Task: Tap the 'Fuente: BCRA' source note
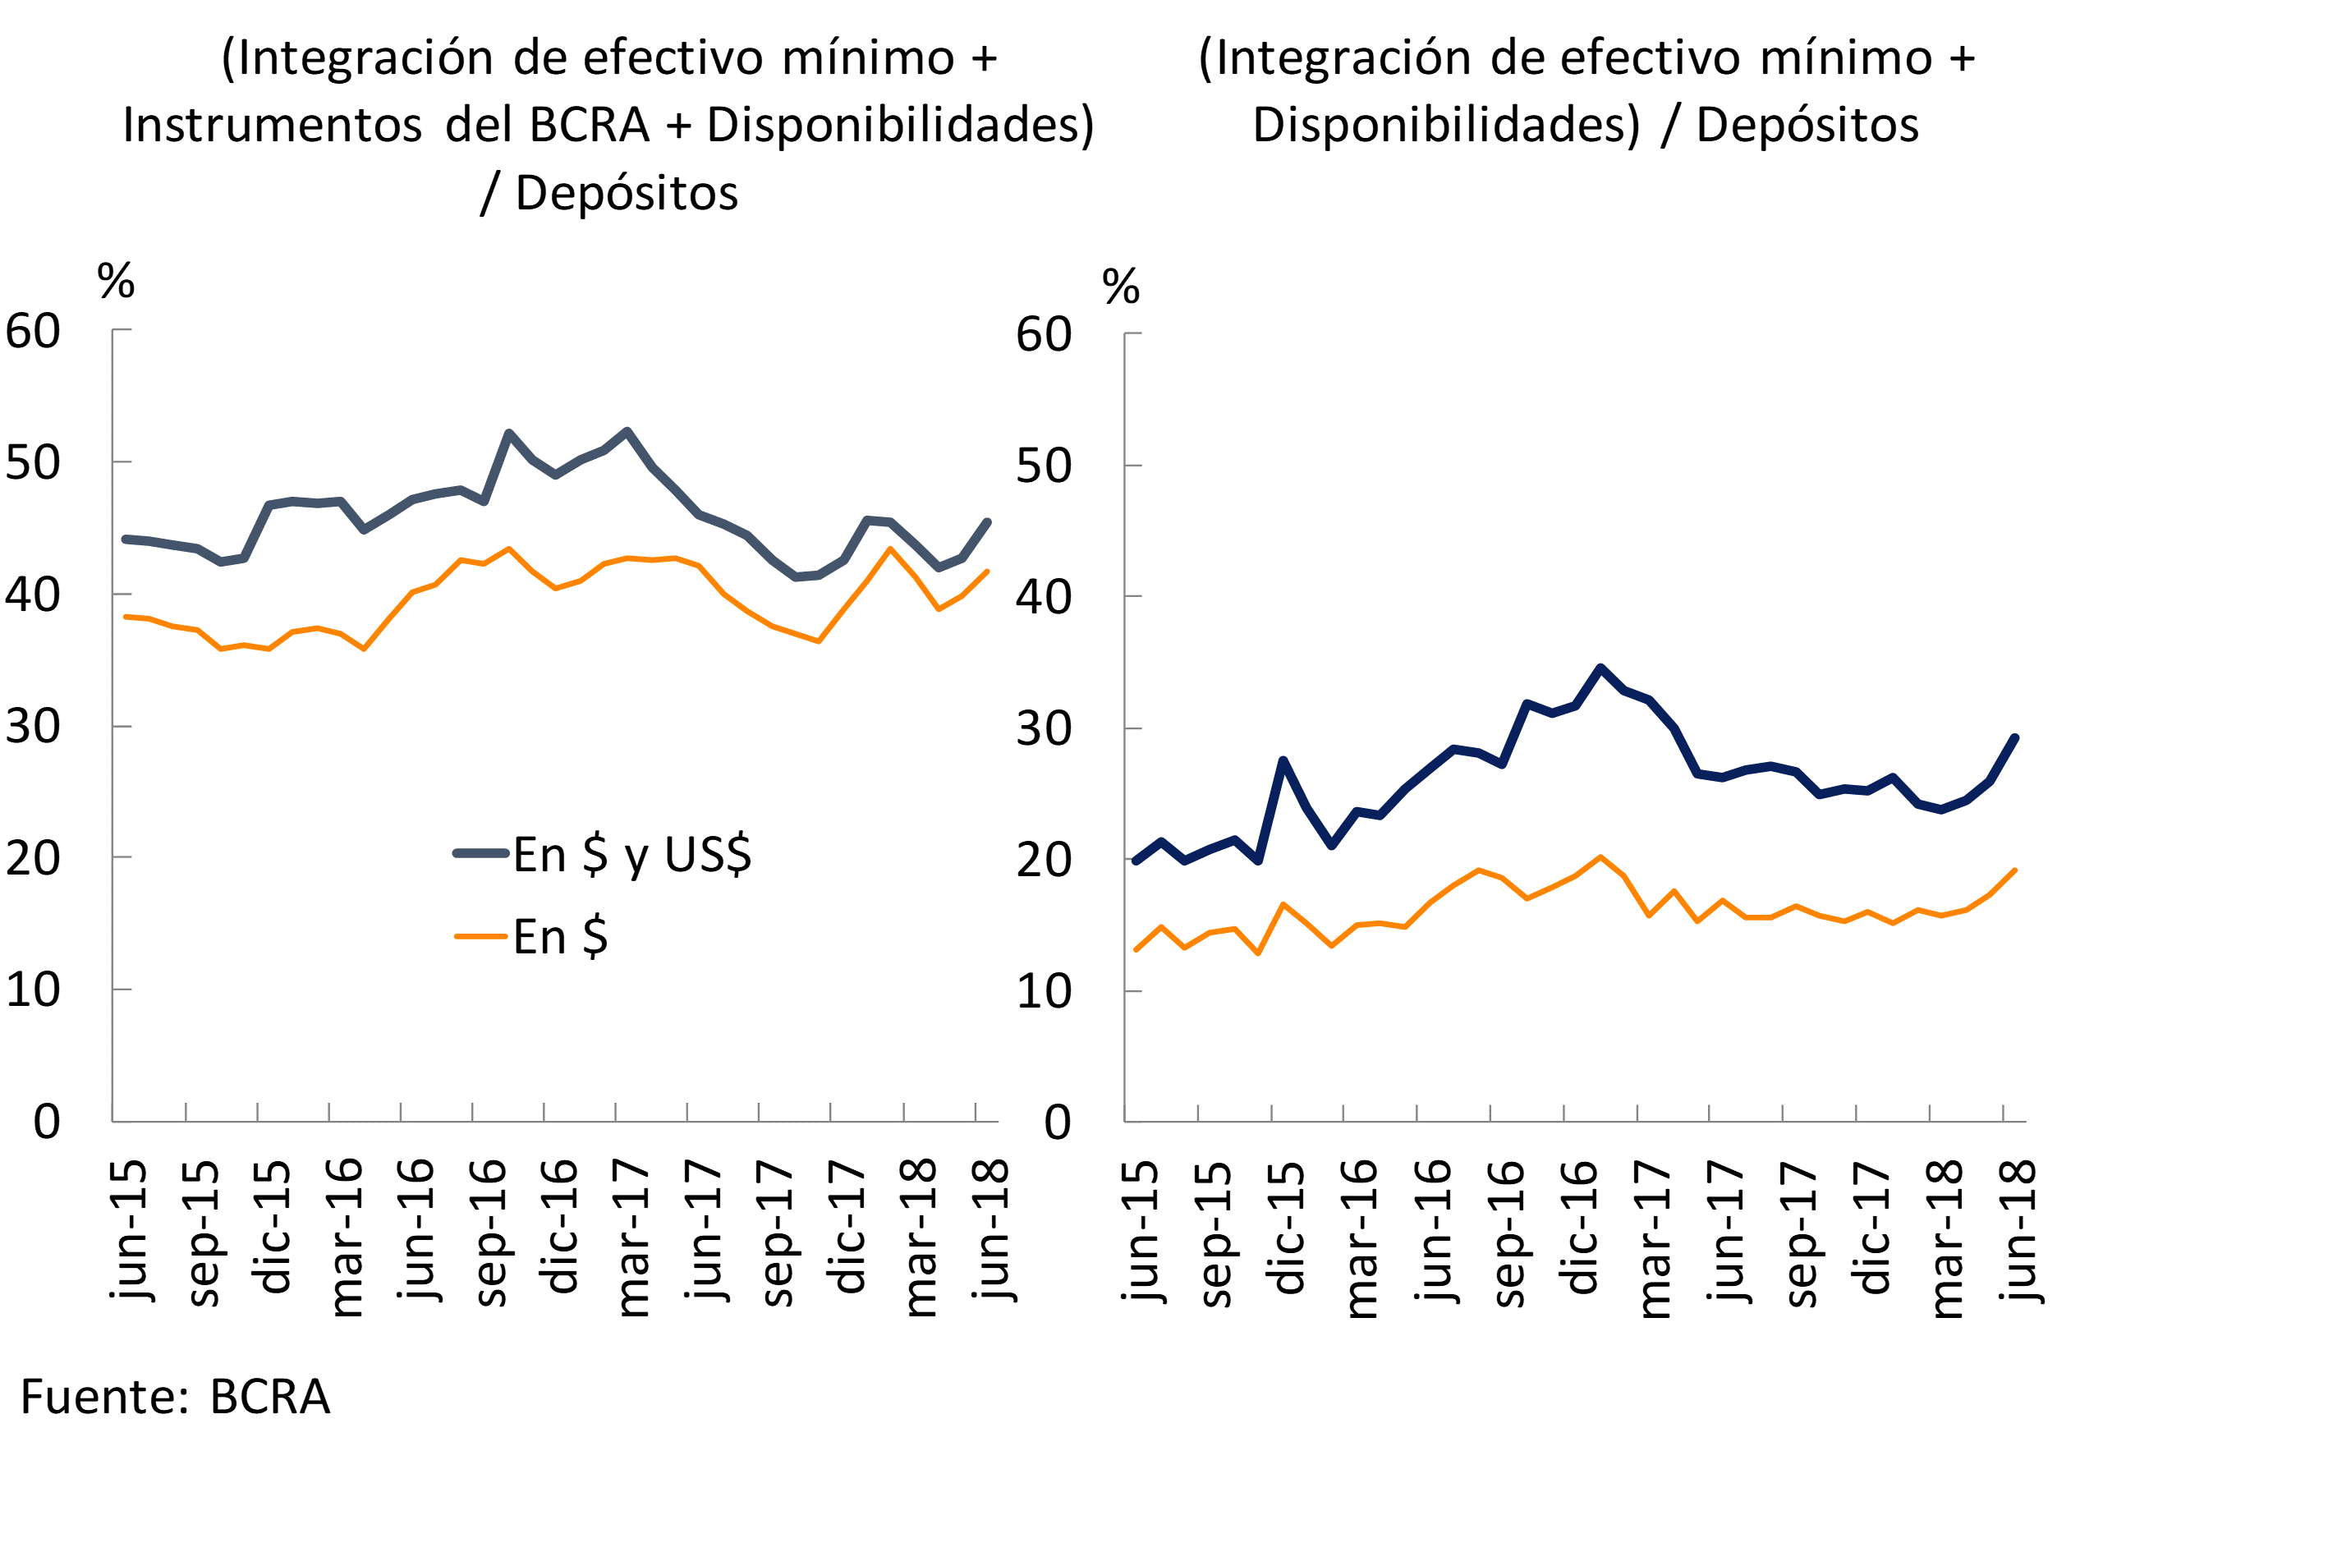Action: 174,1398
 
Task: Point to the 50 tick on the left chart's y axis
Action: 33,463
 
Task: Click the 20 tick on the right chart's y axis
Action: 1043,860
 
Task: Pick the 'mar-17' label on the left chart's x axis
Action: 631,1238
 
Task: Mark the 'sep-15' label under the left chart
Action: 202,1233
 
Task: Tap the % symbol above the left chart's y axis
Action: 116,282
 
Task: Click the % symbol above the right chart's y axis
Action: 1120,287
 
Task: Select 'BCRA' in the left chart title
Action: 589,126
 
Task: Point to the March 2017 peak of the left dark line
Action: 627,432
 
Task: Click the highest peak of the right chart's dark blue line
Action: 1600,668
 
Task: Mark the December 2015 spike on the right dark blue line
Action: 1283,760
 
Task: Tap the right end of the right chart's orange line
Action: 2014,871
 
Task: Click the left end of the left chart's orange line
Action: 126,617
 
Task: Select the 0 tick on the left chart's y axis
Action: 47,1123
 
